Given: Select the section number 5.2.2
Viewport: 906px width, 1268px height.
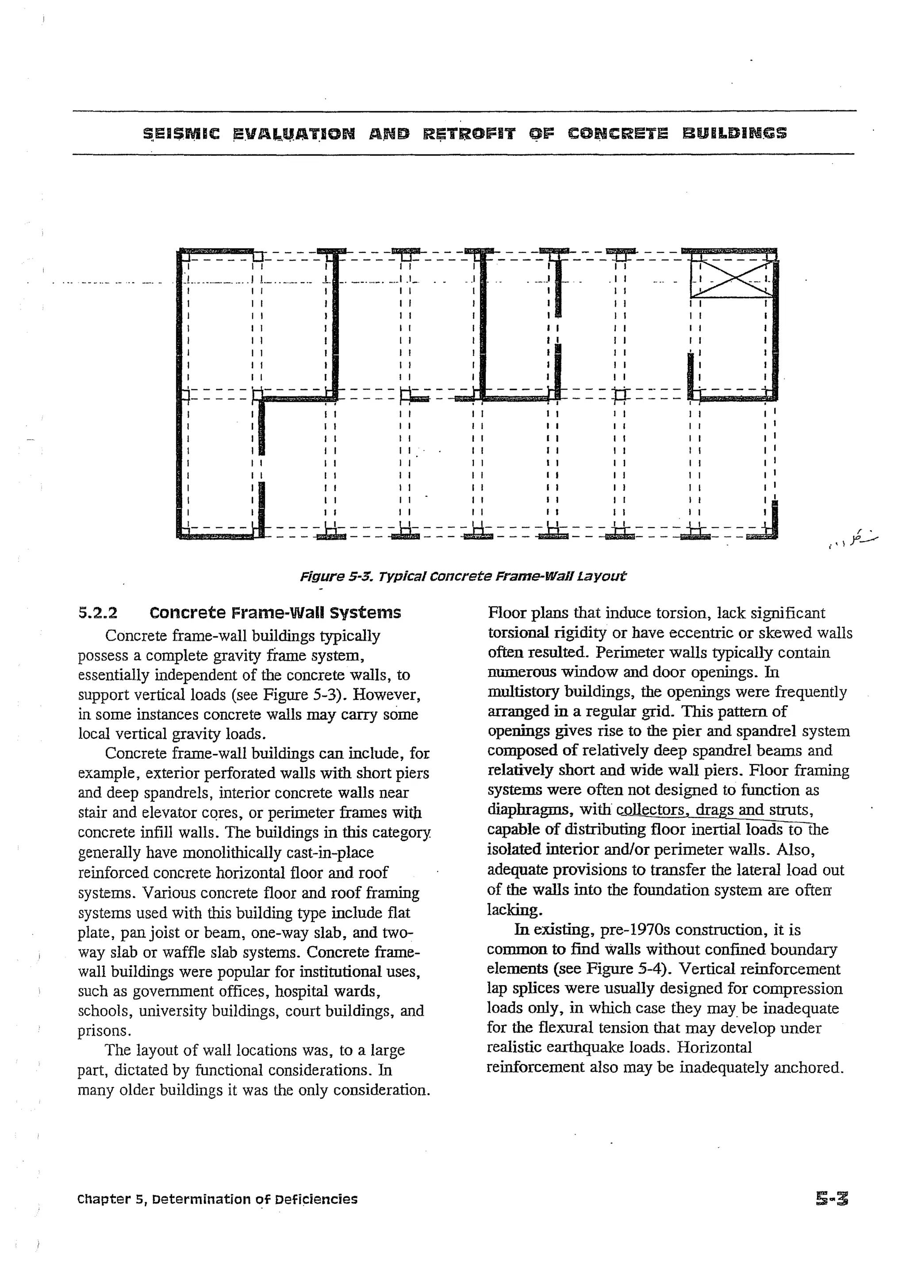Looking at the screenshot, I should click(x=98, y=613).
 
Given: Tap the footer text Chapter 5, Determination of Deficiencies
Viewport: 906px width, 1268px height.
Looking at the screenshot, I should click(x=218, y=1199).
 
